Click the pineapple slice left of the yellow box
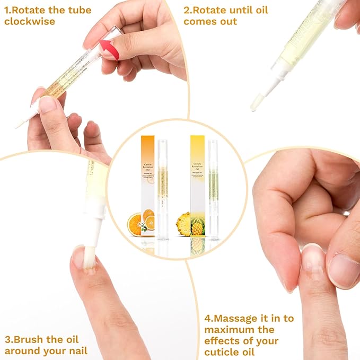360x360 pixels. click(183, 224)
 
